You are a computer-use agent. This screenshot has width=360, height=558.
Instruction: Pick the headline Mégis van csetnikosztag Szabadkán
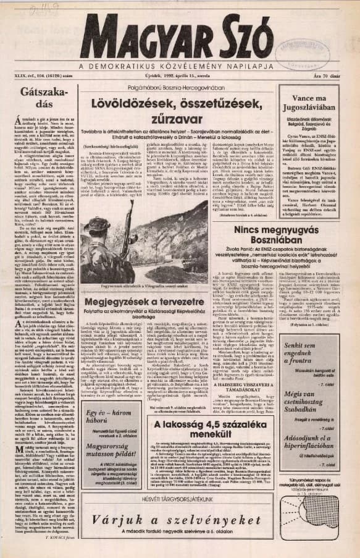(311, 393)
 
